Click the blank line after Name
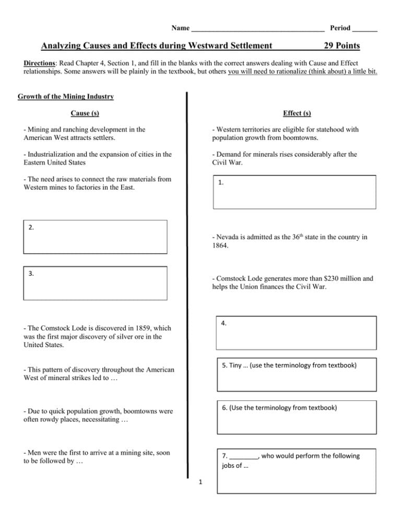pyautogui.click(x=258, y=27)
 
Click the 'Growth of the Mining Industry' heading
pyautogui.click(x=66, y=97)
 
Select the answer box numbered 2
pyautogui.click(x=96, y=237)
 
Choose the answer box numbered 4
pyautogui.click(x=296, y=333)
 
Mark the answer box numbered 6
pyautogui.click(x=296, y=417)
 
